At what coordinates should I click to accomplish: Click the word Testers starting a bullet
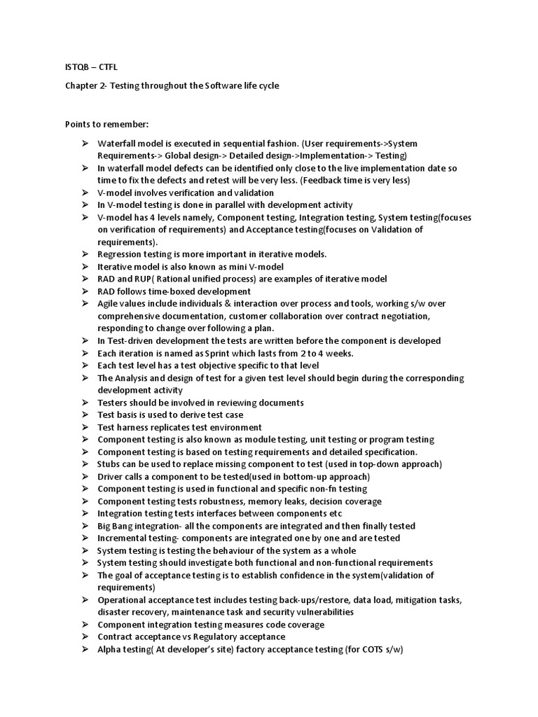[x=113, y=403]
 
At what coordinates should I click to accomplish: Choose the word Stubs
[x=109, y=464]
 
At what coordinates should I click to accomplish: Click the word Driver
[x=111, y=477]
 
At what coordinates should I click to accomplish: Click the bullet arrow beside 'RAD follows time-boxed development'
[x=83, y=291]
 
